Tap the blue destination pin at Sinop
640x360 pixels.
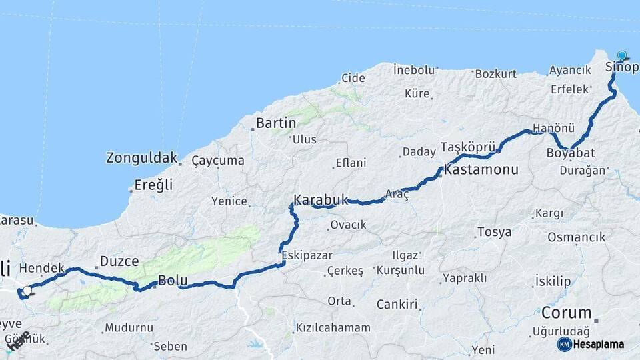click(622, 56)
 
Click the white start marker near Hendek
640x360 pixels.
click(27, 291)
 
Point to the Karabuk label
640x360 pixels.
click(321, 199)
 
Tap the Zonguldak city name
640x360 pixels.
click(141, 159)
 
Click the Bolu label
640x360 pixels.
click(173, 281)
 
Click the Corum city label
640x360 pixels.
click(566, 313)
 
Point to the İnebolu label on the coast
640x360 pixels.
click(414, 69)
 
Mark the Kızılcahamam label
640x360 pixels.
click(333, 328)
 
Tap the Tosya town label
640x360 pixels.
click(494, 232)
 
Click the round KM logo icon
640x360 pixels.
click(564, 344)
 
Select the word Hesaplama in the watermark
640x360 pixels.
click(599, 344)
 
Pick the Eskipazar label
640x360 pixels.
click(307, 255)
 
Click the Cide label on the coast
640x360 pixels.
click(353, 78)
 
